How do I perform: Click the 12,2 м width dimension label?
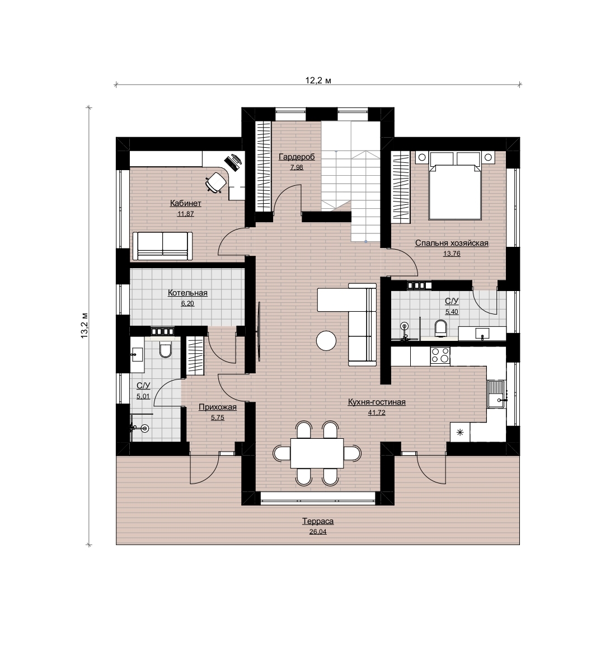click(x=318, y=81)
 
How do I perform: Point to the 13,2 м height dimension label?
click(x=85, y=325)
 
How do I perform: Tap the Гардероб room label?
click(x=297, y=157)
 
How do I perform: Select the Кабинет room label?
click(x=185, y=203)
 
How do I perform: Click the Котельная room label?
click(x=187, y=293)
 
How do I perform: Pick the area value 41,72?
click(x=377, y=413)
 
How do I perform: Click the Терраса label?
click(x=318, y=521)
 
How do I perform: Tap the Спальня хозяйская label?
click(x=452, y=243)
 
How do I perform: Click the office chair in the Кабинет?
click(x=216, y=183)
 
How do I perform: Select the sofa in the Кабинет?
click(x=163, y=246)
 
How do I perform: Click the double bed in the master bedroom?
click(x=455, y=186)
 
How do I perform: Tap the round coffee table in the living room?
click(x=326, y=340)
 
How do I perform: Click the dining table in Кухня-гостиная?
click(x=317, y=453)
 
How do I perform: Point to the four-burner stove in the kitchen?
click(x=440, y=355)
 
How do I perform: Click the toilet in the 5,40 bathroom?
click(x=440, y=327)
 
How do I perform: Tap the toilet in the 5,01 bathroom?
click(x=166, y=350)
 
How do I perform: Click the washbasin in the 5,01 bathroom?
click(x=137, y=354)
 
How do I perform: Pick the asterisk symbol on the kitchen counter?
click(x=460, y=432)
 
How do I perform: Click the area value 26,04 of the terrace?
click(x=318, y=532)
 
